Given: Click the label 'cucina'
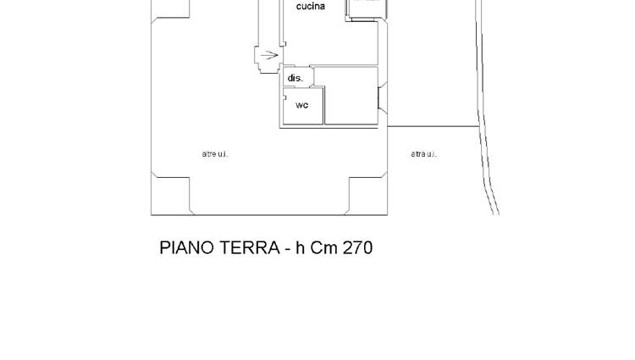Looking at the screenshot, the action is pos(310,7).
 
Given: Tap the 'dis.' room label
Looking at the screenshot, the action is pos(295,78).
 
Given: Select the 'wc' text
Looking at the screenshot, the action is pos(302,105).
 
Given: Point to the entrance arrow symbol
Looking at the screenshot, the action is pos(269,55).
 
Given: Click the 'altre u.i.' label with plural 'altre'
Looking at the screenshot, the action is pos(215,154).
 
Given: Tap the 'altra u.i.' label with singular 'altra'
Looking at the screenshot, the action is pos(423,154).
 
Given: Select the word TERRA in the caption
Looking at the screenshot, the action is pos(247,248).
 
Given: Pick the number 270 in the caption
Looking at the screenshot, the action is pos(357,248).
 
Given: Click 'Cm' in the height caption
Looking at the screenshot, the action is pos(324,248).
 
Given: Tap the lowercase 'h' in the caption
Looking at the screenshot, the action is pos(300,248).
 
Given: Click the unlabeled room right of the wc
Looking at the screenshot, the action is pos(351,96).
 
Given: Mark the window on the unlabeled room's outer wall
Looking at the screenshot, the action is pos(383,97).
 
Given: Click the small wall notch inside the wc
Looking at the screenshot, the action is pos(284,97).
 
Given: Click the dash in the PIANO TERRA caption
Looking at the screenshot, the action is pos(288,250).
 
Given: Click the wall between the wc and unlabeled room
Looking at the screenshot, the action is pos(324,106).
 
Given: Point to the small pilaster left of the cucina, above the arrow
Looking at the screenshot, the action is pos(284,44).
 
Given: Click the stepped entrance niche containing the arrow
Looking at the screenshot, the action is pos(268,59).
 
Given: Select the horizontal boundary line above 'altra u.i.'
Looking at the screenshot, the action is pos(433,126).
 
